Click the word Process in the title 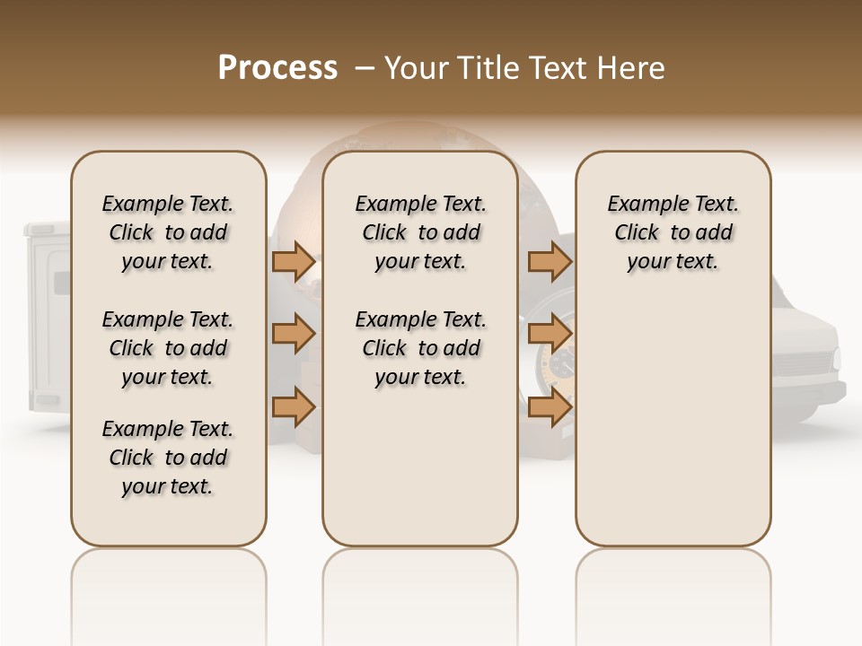[277, 68]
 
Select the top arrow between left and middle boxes [294, 262]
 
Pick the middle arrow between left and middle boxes [294, 334]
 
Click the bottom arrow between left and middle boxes [294, 407]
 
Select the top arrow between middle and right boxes [550, 262]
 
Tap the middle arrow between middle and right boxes [550, 334]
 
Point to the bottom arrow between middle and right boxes [550, 407]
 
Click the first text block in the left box [168, 232]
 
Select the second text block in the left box [168, 348]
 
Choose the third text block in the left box [168, 458]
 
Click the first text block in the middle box [421, 232]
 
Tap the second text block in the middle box [421, 348]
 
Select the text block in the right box [673, 232]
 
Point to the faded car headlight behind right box [836, 359]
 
